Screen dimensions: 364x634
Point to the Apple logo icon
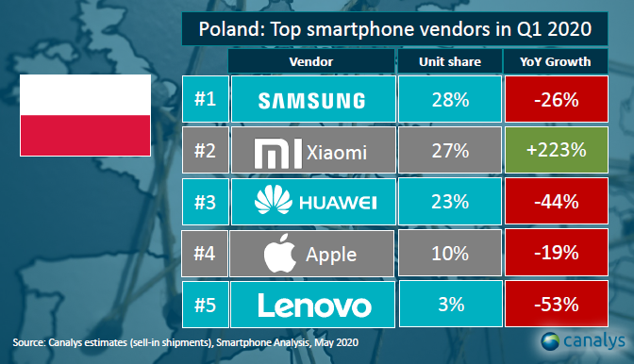click(x=275, y=253)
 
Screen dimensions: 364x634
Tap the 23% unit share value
click(x=450, y=202)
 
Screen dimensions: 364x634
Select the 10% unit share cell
click(x=450, y=253)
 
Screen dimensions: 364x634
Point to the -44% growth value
click(x=557, y=202)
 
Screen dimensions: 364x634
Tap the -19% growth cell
click(x=557, y=253)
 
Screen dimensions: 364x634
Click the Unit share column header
click(x=450, y=62)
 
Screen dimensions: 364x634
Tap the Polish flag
click(x=85, y=116)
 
